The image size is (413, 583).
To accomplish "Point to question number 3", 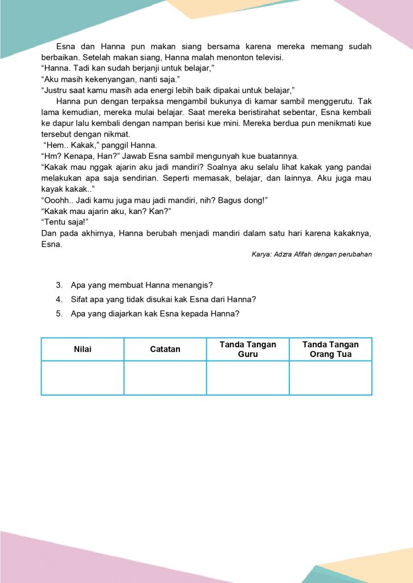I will point(59,285).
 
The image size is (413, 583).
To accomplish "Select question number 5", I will point(59,313).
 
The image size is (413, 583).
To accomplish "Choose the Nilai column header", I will point(83,349).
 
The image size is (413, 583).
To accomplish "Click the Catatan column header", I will point(165,349).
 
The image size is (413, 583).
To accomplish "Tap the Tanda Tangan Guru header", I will point(248,349).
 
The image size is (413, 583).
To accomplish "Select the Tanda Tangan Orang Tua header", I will point(330,349).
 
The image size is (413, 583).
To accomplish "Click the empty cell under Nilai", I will point(83,377).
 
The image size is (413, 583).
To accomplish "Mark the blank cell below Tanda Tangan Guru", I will point(248,377).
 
